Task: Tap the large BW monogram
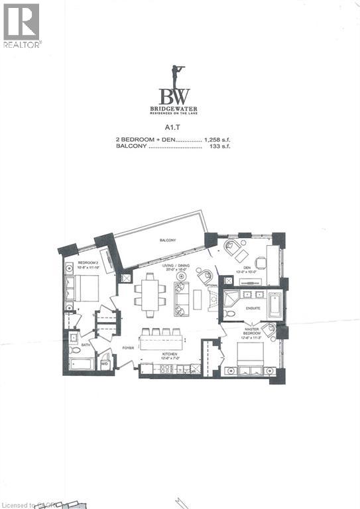point(180,93)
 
